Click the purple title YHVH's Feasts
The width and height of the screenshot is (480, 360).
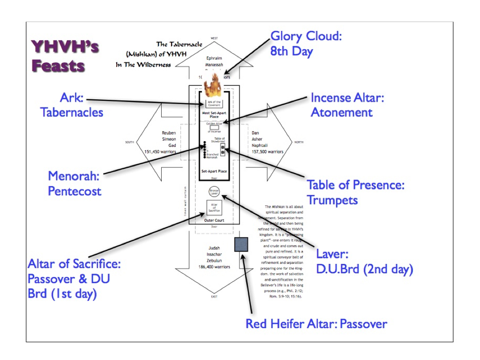(59, 56)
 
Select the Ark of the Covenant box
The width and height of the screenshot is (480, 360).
(213, 103)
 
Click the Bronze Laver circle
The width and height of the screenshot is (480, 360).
(214, 191)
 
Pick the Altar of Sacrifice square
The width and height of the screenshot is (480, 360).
(214, 208)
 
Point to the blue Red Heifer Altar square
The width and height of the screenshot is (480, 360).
(241, 245)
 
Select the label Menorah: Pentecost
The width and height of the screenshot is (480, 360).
(75, 183)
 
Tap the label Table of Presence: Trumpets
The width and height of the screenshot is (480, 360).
(355, 192)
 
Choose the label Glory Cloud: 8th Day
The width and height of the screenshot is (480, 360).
(306, 44)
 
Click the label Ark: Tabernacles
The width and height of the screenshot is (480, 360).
(72, 105)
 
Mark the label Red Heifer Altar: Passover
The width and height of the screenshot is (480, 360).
(316, 323)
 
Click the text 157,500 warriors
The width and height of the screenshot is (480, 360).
(267, 151)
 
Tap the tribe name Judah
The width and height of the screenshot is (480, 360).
(214, 248)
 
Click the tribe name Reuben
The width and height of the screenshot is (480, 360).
(169, 133)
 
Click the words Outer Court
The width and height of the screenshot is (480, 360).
(214, 220)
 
